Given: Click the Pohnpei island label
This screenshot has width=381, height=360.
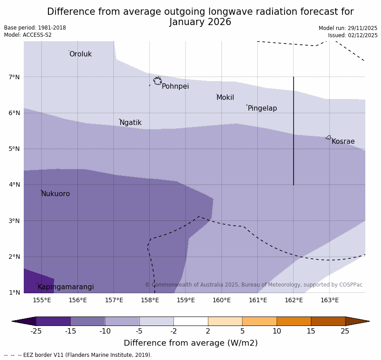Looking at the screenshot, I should (x=175, y=86).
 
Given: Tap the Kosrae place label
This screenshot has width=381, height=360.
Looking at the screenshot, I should (x=343, y=141).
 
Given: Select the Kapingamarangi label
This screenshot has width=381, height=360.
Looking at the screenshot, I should (x=65, y=287).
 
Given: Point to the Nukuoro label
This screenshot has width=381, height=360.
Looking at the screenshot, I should (x=56, y=194).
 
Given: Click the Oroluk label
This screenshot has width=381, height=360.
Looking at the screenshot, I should (x=80, y=54).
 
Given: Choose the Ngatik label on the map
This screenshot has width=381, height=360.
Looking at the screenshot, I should (x=130, y=123).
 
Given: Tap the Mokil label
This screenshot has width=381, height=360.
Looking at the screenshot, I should (x=225, y=98).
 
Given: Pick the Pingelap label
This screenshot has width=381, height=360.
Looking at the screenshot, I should (x=262, y=108).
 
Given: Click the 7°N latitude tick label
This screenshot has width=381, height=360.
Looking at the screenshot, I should (x=14, y=77).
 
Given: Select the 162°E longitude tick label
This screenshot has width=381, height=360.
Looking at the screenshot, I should (x=294, y=300).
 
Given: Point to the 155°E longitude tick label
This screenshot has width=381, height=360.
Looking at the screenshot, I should (x=42, y=300).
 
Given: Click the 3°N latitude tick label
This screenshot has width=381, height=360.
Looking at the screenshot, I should (x=14, y=221).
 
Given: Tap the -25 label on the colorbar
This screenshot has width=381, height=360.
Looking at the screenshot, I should (x=36, y=331).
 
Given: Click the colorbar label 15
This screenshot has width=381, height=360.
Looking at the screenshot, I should (x=311, y=331).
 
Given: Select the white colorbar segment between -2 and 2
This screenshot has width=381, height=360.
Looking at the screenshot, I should (x=190, y=321).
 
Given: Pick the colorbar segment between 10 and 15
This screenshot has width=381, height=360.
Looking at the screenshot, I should (x=294, y=321).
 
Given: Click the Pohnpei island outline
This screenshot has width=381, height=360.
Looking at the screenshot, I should (x=157, y=81).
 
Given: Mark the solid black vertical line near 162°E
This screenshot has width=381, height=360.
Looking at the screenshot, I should (x=294, y=130).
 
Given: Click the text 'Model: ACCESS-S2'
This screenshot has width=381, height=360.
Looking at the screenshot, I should (x=28, y=35).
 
